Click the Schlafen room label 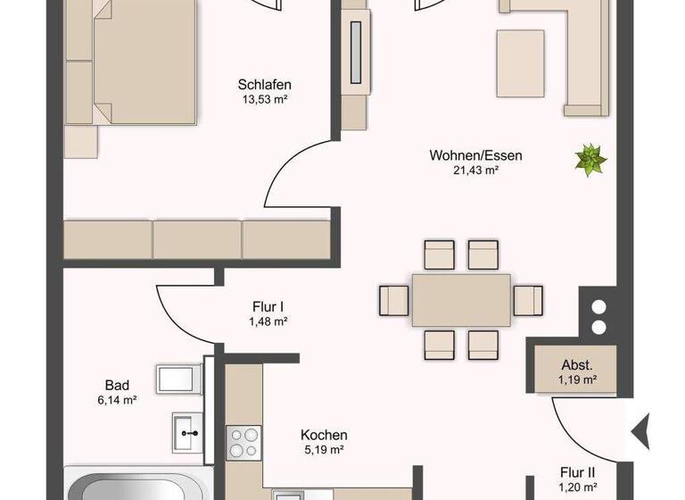click(x=265, y=85)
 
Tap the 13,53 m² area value click(x=265, y=99)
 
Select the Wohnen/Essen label click(x=475, y=155)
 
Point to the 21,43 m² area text click(x=475, y=171)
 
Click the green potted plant click(x=590, y=160)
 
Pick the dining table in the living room click(x=461, y=299)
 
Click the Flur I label click(x=268, y=305)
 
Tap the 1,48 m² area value click(x=268, y=321)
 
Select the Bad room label click(x=117, y=386)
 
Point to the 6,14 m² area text click(x=117, y=401)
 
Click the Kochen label click(x=324, y=435)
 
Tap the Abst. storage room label click(x=578, y=364)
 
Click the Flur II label click(x=578, y=472)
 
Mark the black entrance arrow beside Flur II click(x=640, y=432)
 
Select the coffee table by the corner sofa click(x=521, y=57)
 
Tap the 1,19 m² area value click(x=578, y=379)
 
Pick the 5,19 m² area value click(x=324, y=450)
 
